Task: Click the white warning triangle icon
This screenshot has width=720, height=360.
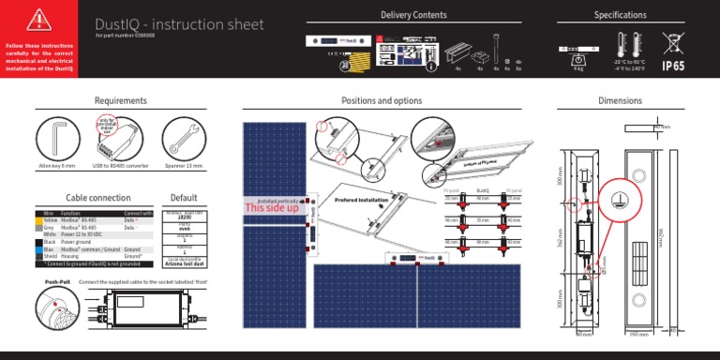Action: coord(38,20)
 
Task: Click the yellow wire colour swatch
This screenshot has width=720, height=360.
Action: coord(37,218)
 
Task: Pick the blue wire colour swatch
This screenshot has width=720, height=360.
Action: coord(37,247)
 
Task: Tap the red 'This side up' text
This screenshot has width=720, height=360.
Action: coord(272,207)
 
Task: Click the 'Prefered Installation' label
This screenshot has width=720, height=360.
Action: coord(361,201)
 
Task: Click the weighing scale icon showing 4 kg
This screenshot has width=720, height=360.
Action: coord(576,50)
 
